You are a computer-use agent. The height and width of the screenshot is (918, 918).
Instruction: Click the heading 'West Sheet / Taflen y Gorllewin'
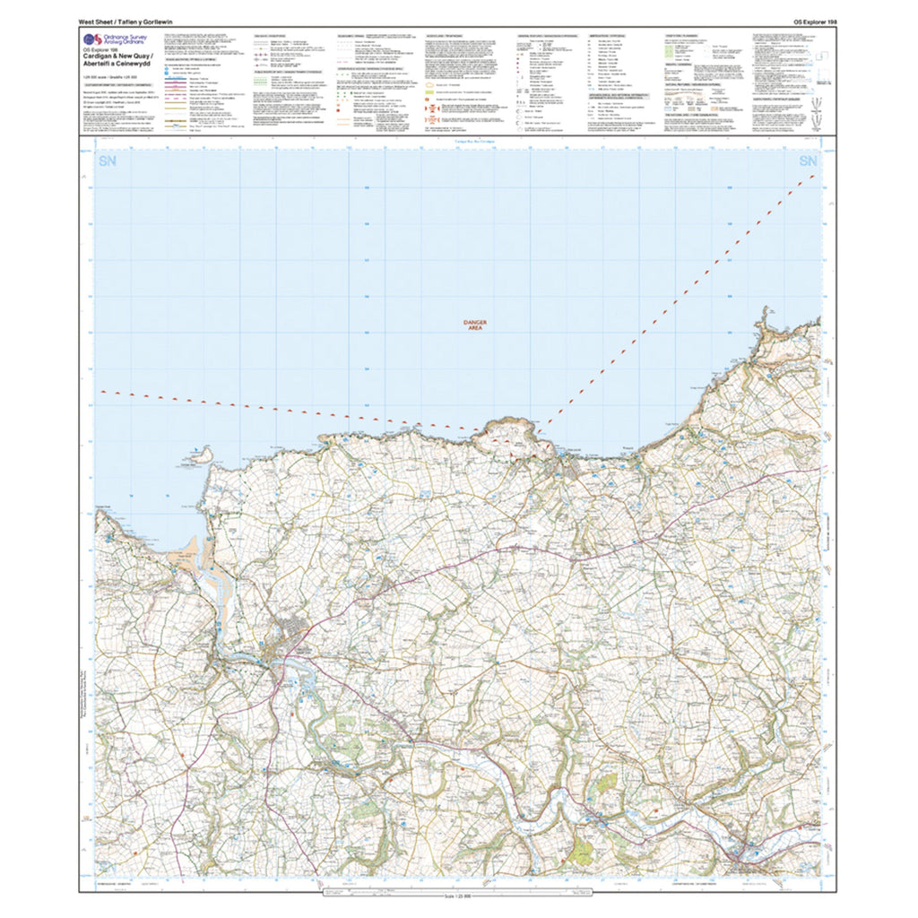(126, 20)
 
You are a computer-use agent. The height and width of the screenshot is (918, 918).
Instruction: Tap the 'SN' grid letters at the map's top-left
(108, 161)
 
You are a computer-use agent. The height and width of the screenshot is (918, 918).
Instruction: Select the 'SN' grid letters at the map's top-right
(807, 161)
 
